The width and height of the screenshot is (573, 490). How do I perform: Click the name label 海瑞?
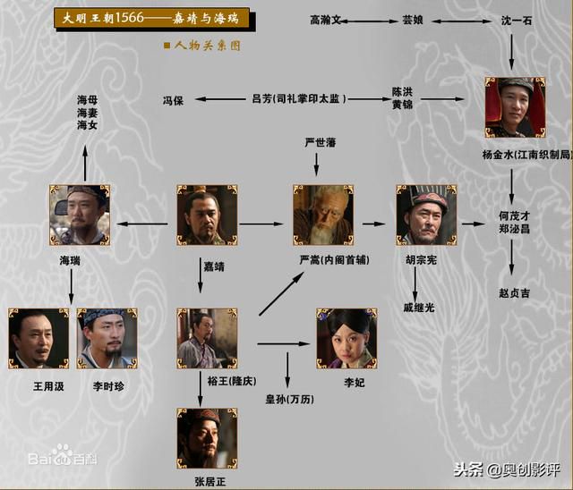(70, 260)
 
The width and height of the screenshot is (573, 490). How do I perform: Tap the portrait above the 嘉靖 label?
(207, 215)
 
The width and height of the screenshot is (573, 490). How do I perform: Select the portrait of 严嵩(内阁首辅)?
(323, 215)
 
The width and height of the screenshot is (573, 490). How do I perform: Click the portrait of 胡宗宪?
(426, 215)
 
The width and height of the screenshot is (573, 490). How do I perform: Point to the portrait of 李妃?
(346, 339)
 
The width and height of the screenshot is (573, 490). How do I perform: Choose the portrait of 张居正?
(207, 438)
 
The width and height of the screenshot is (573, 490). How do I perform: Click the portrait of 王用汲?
(38, 339)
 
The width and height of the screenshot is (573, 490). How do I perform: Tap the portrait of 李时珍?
(107, 339)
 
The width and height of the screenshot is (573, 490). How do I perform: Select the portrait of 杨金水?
(516, 107)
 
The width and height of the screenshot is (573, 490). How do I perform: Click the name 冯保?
(173, 100)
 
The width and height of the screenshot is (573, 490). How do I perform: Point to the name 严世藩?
(321, 142)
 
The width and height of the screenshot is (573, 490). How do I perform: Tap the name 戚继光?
(419, 308)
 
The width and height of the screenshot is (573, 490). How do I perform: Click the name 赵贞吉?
(514, 292)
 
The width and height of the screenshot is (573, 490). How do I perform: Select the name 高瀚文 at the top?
(325, 20)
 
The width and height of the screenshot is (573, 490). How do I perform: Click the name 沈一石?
(516, 21)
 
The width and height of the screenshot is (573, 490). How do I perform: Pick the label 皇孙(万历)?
(290, 399)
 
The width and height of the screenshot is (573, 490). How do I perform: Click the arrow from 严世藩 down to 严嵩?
(316, 165)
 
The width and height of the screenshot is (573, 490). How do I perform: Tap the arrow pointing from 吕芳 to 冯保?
(221, 99)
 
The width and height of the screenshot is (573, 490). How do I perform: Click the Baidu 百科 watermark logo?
(63, 454)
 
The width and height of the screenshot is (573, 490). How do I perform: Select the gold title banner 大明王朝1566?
(152, 18)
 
